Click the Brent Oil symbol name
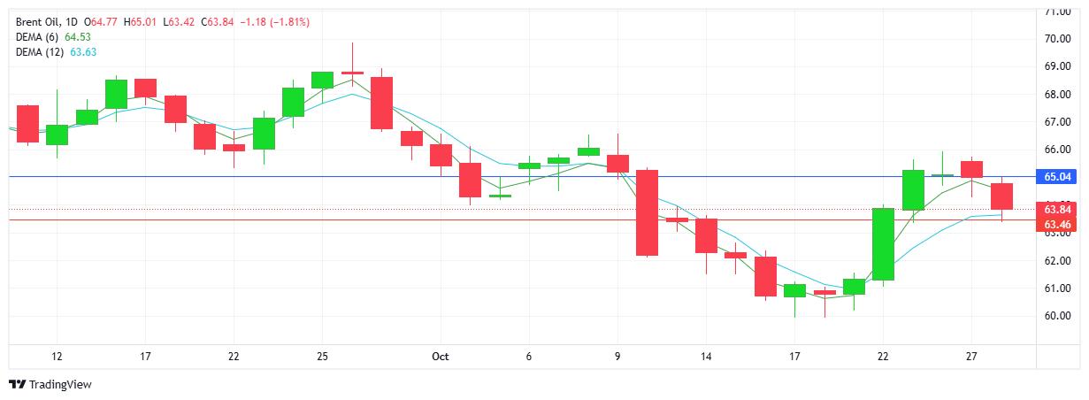point(38,21)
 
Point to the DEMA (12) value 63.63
point(83,51)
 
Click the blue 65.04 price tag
point(1058,177)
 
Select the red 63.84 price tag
point(1058,210)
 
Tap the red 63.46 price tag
point(1058,224)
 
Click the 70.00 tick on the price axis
point(1057,39)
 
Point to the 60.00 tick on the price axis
point(1057,316)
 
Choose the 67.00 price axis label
point(1057,122)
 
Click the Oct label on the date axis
point(441,356)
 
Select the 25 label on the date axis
point(322,356)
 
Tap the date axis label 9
point(617,356)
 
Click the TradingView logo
point(50,385)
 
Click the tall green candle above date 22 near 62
point(883,244)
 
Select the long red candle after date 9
point(648,212)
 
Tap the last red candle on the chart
point(1001,196)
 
